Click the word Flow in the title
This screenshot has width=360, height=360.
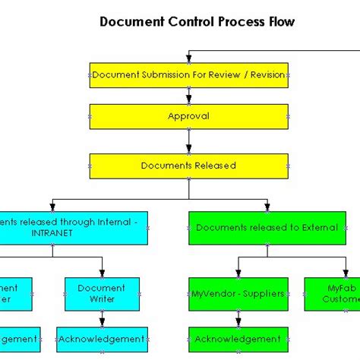(x=279, y=22)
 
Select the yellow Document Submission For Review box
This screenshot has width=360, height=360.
(x=189, y=75)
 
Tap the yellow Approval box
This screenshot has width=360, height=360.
(x=189, y=117)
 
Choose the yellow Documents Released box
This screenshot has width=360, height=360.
(x=189, y=165)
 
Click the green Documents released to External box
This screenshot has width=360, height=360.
(x=266, y=227)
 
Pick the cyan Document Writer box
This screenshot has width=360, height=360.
(x=102, y=293)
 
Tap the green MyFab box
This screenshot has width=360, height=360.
(x=333, y=293)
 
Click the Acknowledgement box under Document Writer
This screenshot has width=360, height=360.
(x=102, y=339)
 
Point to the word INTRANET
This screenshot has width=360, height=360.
(x=52, y=233)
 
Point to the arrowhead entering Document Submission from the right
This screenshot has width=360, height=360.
(x=189, y=58)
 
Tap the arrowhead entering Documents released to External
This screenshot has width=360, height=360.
(x=266, y=206)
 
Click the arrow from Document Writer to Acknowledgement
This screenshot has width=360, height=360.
(x=102, y=319)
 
